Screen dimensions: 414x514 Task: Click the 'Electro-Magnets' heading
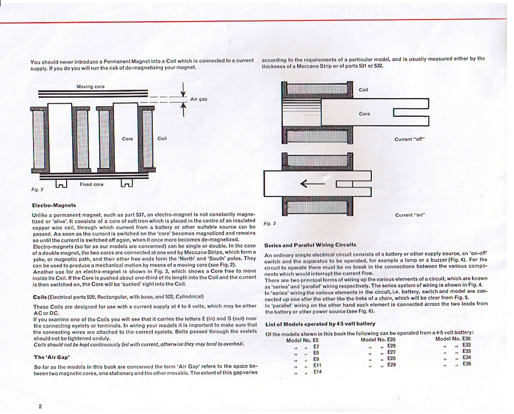(x=54, y=205)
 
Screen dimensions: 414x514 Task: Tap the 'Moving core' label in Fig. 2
(x=90, y=87)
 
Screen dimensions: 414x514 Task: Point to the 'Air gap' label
(x=198, y=99)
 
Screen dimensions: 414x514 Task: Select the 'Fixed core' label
(x=92, y=184)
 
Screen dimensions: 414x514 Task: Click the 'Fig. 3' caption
(x=270, y=223)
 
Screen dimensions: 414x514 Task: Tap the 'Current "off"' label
(x=409, y=139)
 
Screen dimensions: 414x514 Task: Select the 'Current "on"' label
(x=410, y=215)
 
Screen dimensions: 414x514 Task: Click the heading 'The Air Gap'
(x=52, y=357)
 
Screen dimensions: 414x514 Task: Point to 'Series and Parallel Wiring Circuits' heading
(x=310, y=245)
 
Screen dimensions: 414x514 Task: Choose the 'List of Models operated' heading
(x=320, y=324)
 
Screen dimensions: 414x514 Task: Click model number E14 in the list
(x=318, y=372)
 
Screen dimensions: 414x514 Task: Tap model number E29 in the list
(x=391, y=365)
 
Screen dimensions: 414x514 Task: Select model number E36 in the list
(x=466, y=364)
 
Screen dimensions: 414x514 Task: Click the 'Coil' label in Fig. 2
(x=162, y=138)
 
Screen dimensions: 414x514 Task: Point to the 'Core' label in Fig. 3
(x=364, y=114)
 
